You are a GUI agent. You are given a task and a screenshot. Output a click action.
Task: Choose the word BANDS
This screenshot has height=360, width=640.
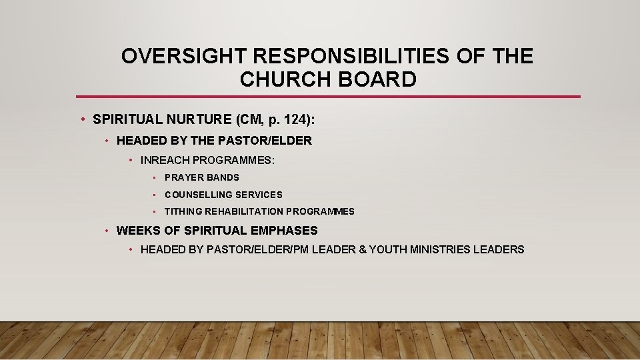click(x=223, y=177)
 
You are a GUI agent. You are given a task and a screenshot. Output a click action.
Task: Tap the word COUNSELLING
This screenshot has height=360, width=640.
click(x=197, y=195)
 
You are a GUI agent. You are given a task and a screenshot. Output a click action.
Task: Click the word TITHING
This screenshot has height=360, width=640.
click(x=184, y=211)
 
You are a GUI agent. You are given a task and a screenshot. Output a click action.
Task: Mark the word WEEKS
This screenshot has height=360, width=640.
click(x=135, y=231)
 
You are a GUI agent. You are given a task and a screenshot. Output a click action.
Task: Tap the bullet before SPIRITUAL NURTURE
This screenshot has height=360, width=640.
click(x=81, y=120)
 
